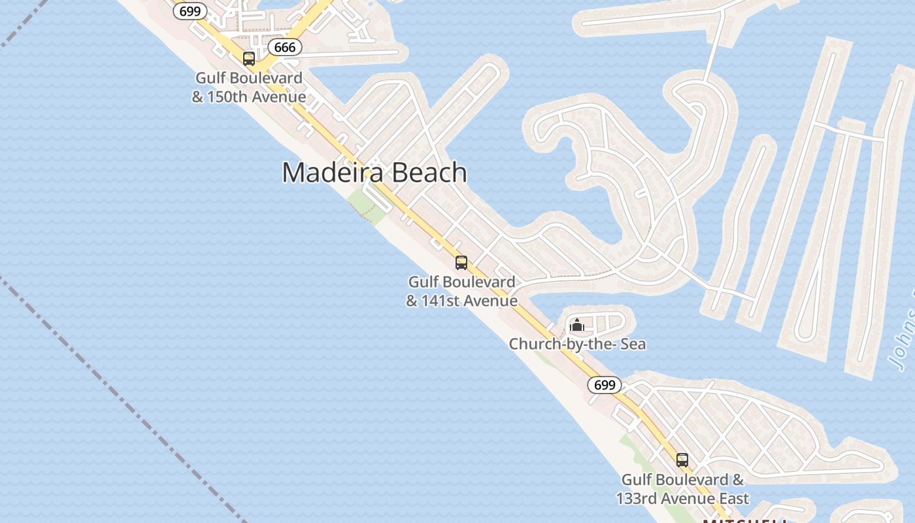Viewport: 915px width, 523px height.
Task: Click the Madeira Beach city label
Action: coord(374,173)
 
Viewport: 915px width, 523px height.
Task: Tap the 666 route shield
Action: coord(285,47)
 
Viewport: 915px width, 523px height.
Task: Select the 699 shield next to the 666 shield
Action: coord(191,11)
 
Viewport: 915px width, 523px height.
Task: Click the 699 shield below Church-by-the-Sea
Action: coord(605,385)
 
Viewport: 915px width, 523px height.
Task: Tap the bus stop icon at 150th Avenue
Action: coord(249,59)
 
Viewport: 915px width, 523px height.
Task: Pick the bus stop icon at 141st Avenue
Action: coord(461,263)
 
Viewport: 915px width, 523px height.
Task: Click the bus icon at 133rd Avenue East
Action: coord(682,460)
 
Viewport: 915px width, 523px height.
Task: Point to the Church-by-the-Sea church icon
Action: coord(577,325)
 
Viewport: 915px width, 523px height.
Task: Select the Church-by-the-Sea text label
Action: coord(577,344)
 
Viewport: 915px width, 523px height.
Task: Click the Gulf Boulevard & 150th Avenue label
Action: coord(249,88)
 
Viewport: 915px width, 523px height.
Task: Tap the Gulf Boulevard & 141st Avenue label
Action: coord(461,292)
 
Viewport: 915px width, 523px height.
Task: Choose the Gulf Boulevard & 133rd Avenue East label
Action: coord(682,489)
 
